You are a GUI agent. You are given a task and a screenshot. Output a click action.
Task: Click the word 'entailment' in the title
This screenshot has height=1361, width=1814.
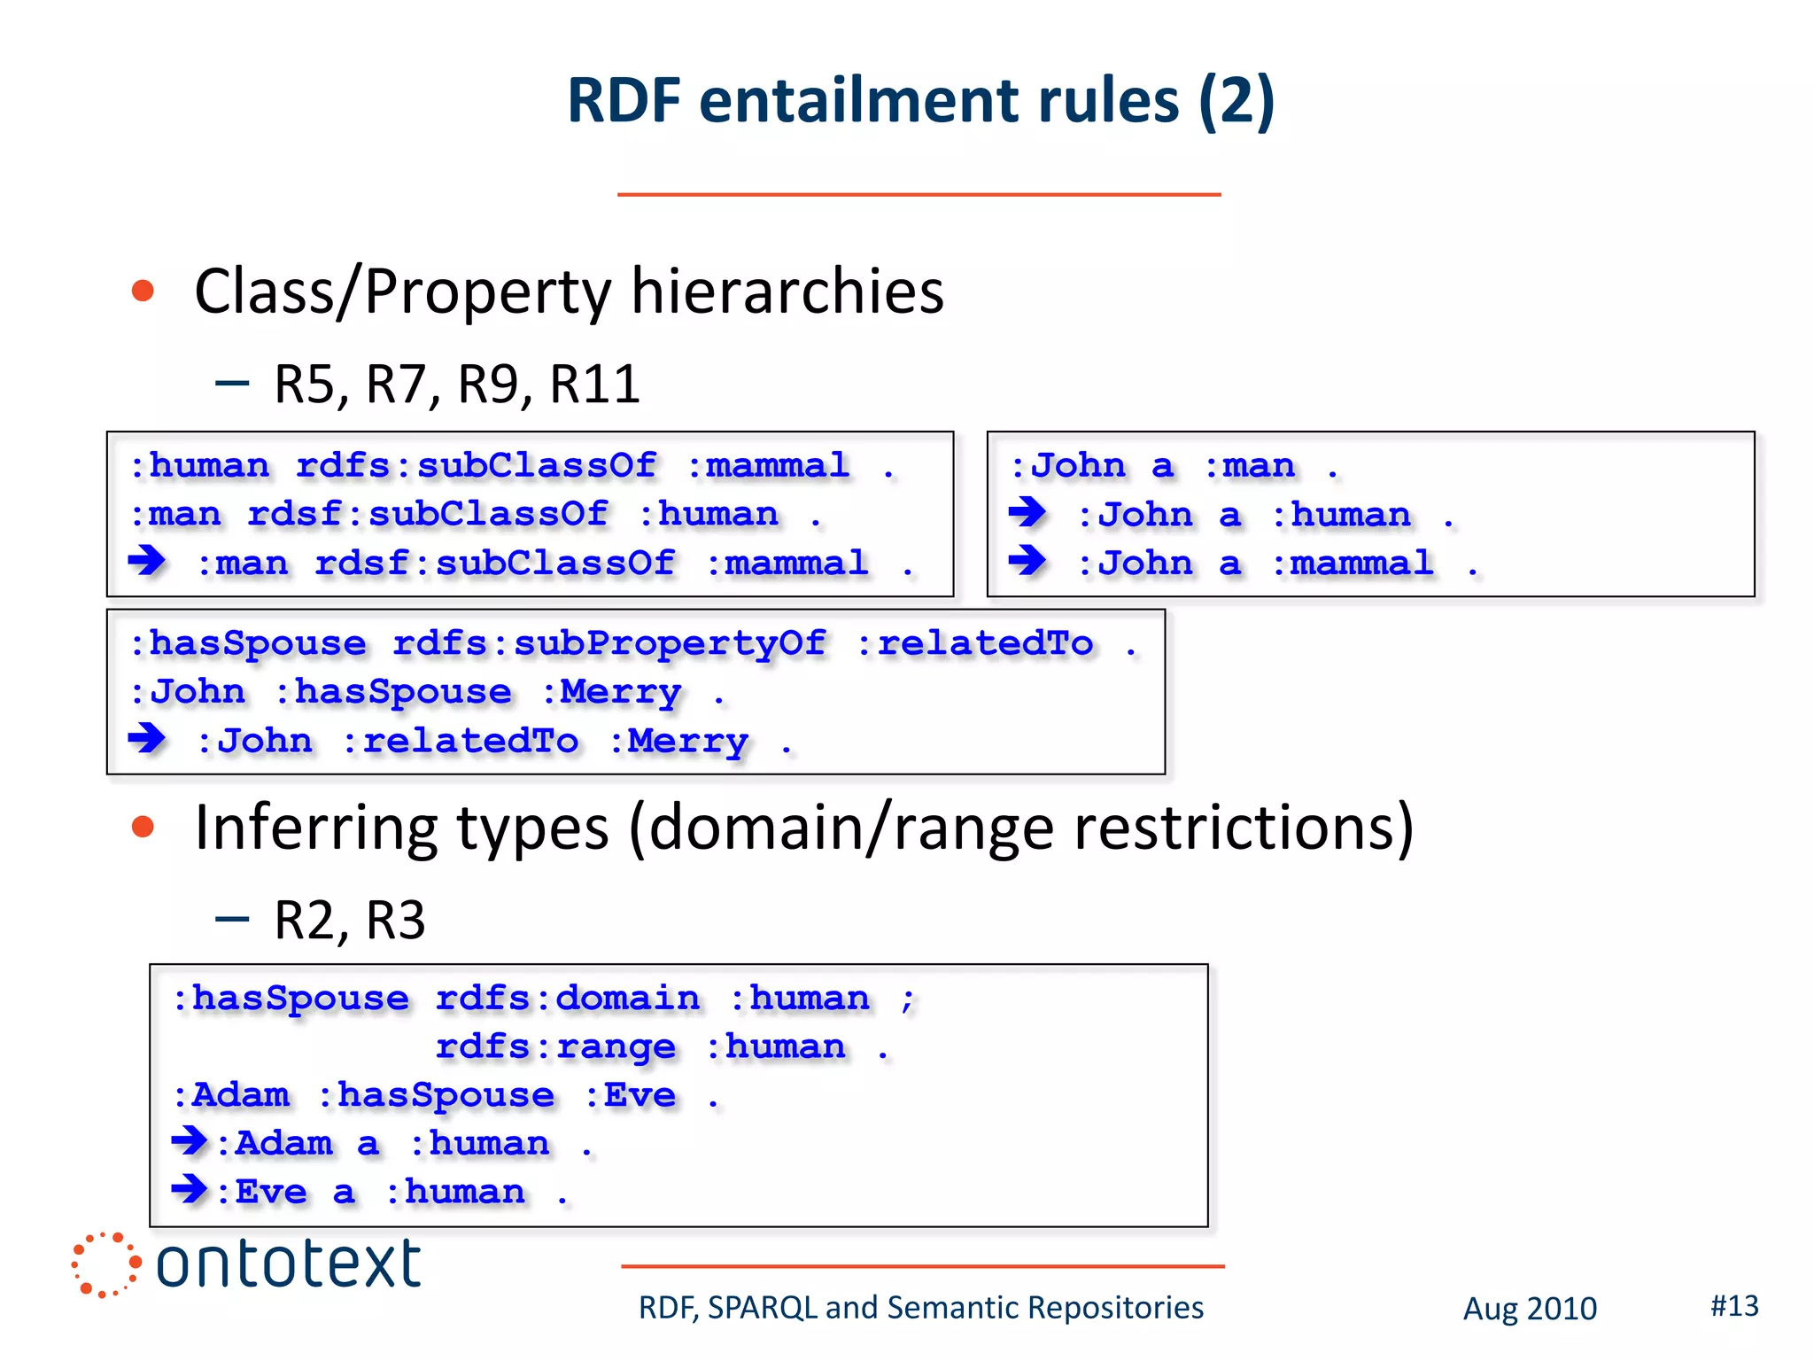(x=940, y=100)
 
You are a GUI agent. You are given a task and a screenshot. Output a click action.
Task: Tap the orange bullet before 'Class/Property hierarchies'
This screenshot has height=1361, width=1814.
(x=143, y=291)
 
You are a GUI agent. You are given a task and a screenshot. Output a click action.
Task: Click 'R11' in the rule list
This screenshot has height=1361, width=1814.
(x=594, y=385)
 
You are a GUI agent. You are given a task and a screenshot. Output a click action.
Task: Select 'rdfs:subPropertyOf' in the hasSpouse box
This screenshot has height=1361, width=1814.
(x=609, y=644)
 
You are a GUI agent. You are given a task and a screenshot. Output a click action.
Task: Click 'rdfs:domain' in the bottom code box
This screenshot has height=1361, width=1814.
(x=567, y=999)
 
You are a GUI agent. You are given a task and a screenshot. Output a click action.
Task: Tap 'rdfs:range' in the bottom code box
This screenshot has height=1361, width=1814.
(x=555, y=1047)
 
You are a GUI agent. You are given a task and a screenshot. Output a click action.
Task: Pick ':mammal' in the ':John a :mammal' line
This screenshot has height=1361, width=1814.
(x=1353, y=564)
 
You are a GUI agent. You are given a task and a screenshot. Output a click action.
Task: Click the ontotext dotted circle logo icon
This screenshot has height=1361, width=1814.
(x=105, y=1264)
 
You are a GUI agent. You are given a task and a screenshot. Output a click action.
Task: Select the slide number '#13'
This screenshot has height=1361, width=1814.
(x=1733, y=1305)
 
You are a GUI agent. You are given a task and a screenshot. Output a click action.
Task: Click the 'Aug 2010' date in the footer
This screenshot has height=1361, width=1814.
(x=1529, y=1309)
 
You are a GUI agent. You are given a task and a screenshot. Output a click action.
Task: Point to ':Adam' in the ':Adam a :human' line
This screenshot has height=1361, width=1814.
(x=275, y=1144)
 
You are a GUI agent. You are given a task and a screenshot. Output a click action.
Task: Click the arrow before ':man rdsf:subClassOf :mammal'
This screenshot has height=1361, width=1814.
(x=147, y=560)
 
